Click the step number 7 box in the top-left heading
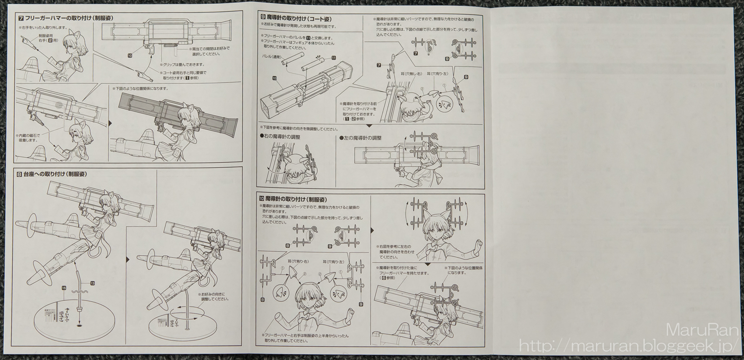[20, 19]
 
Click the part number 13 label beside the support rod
[92, 283]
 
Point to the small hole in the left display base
[78, 327]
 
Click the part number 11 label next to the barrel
[333, 58]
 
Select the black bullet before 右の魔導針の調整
[262, 138]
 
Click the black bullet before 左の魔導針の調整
[342, 138]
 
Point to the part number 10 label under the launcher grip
[129, 54]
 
